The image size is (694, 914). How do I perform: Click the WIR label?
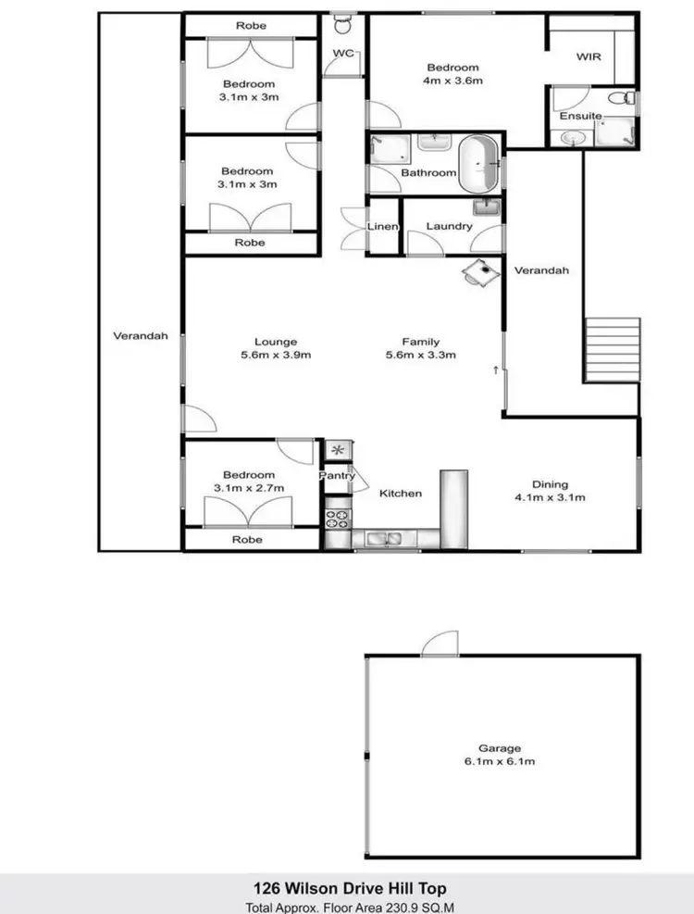(x=589, y=56)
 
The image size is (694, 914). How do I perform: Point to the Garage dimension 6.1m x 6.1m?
(x=500, y=761)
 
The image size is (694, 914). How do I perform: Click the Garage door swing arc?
(x=437, y=643)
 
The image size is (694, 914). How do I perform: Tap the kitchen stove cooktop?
(x=337, y=520)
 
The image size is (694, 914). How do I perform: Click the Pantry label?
(x=337, y=476)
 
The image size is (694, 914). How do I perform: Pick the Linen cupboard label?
(x=382, y=227)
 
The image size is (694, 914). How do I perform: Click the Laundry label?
(x=450, y=227)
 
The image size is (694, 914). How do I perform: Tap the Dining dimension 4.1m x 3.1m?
(x=550, y=497)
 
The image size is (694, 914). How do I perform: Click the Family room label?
(x=420, y=342)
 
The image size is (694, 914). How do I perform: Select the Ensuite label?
(x=580, y=116)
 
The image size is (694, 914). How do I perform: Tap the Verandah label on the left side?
(x=141, y=336)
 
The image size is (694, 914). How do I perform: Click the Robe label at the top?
(x=251, y=26)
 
